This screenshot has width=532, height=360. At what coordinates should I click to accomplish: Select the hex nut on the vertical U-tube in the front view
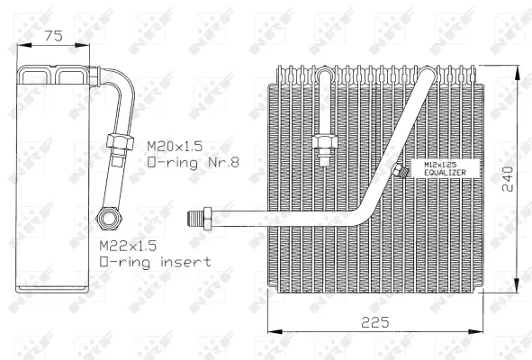324,143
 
